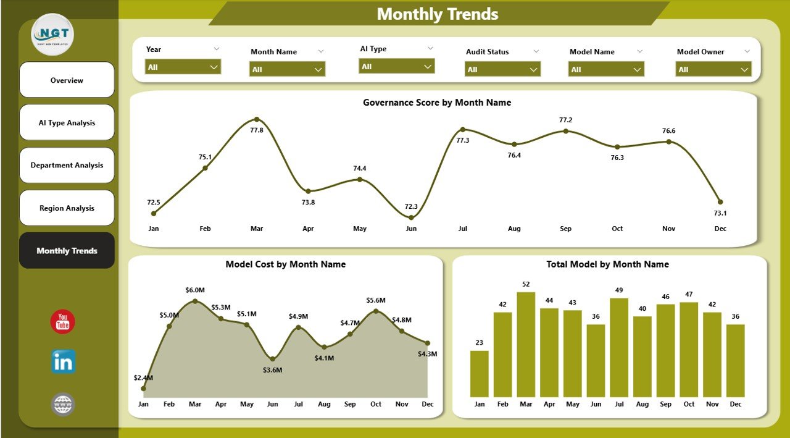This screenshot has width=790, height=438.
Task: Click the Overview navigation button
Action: pyautogui.click(x=67, y=80)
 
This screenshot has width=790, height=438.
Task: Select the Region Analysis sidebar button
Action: pyautogui.click(x=67, y=208)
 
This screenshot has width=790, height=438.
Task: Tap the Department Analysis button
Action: pyautogui.click(x=67, y=166)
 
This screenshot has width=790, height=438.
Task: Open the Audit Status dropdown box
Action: pyautogui.click(x=502, y=70)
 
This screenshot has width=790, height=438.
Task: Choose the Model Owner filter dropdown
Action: pyautogui.click(x=713, y=70)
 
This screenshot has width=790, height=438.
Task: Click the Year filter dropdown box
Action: pyautogui.click(x=183, y=67)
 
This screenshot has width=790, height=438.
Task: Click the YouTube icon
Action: pyautogui.click(x=62, y=322)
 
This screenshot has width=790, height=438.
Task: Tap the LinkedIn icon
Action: pyautogui.click(x=63, y=362)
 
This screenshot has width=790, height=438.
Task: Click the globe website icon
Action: pyautogui.click(x=63, y=405)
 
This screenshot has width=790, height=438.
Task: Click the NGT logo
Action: pyautogui.click(x=52, y=35)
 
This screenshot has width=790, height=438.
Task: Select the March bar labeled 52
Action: pyautogui.click(x=526, y=344)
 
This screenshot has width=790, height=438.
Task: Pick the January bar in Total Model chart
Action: pyautogui.click(x=479, y=374)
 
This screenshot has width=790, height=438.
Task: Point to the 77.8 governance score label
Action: pyautogui.click(x=257, y=130)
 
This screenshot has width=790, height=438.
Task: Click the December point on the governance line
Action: pyautogui.click(x=720, y=202)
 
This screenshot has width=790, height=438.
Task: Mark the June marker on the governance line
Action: pyautogui.click(x=412, y=217)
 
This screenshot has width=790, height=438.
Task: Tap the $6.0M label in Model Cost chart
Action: pyautogui.click(x=195, y=290)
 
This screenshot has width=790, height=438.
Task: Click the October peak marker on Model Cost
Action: pyautogui.click(x=376, y=311)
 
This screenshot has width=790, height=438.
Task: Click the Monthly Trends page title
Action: pyautogui.click(x=438, y=14)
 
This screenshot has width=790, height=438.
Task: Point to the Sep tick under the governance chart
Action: pyautogui.click(x=565, y=229)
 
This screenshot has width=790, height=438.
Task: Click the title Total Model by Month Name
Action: pyautogui.click(x=607, y=264)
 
